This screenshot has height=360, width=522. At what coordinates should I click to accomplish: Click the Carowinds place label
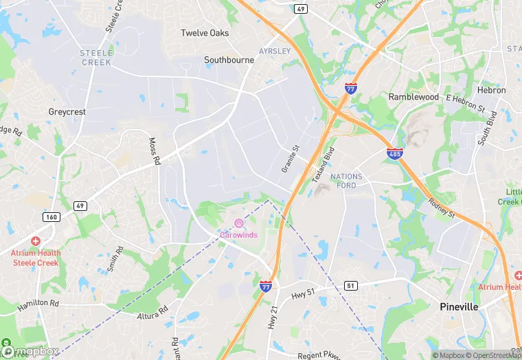click(x=238, y=235)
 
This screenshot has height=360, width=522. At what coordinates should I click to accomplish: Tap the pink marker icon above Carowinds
click(x=238, y=223)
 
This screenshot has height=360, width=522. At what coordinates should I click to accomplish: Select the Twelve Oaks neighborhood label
click(x=205, y=33)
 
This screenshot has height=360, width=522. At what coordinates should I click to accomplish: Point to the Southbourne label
click(x=229, y=60)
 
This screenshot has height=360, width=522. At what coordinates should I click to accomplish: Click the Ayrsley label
click(x=275, y=52)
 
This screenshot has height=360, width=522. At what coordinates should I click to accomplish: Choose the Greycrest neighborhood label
click(x=67, y=111)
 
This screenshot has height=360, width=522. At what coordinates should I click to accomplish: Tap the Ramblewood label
click(x=413, y=97)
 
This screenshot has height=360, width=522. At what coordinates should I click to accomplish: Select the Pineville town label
click(x=459, y=306)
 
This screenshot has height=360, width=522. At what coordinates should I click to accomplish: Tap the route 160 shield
click(x=52, y=217)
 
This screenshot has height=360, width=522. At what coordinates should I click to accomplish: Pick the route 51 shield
click(x=352, y=286)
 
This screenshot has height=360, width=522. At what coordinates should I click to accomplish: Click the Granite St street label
click(x=291, y=158)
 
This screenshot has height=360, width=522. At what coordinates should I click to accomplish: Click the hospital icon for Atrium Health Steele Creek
click(x=36, y=241)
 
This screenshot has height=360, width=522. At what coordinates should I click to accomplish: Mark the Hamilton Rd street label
click(x=38, y=302)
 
